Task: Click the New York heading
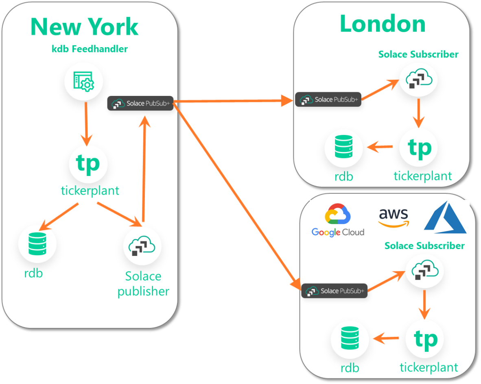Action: click(85, 27)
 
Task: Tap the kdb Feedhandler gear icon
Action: click(84, 82)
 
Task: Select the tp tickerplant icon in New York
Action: click(88, 163)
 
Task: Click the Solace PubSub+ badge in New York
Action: click(140, 103)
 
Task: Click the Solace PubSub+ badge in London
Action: click(328, 100)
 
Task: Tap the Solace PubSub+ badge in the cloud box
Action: click(334, 291)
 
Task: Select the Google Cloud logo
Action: click(338, 221)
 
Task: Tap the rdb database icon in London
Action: click(343, 148)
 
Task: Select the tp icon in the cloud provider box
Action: click(425, 339)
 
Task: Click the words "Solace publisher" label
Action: click(143, 284)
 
